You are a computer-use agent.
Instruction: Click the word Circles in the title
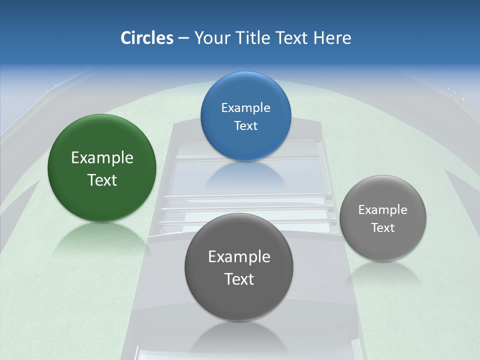(147, 38)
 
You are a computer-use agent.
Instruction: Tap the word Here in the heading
(332, 38)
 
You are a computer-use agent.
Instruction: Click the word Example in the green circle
(102, 157)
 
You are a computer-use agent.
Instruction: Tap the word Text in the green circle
(102, 180)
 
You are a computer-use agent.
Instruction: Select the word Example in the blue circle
(245, 107)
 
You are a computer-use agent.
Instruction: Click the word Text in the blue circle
(245, 125)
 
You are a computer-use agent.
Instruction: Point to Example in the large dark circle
(239, 256)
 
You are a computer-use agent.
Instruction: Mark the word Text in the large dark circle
(239, 279)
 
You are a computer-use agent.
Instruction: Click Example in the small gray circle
(383, 209)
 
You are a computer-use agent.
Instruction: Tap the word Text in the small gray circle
(383, 227)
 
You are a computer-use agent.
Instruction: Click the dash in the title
(183, 38)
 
